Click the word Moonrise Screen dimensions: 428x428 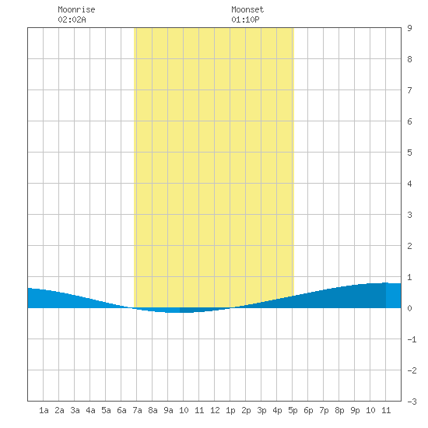click(x=76, y=9)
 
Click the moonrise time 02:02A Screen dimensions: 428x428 click(x=72, y=19)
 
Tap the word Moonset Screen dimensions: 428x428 click(x=247, y=9)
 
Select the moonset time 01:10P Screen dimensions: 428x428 click(x=245, y=19)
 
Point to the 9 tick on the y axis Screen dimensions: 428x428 click(x=409, y=28)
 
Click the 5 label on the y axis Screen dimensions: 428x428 click(x=409, y=153)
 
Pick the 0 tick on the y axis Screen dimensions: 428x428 click(x=409, y=308)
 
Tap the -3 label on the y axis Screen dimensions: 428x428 click(x=412, y=402)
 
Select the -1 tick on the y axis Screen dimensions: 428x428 click(x=412, y=339)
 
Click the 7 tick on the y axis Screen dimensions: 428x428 click(x=409, y=90)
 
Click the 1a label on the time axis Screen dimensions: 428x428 click(x=44, y=410)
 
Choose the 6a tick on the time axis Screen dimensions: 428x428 click(x=121, y=410)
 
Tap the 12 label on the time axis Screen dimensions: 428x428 click(x=215, y=410)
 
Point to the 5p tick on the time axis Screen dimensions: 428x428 click(x=293, y=410)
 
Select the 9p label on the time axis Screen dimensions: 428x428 click(x=355, y=410)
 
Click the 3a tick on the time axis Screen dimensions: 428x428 click(x=75, y=410)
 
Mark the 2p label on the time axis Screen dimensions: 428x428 click(x=246, y=410)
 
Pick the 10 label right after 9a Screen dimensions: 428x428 click(x=184, y=410)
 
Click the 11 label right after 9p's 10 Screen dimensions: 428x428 click(x=386, y=410)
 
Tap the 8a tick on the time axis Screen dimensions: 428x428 click(x=153, y=410)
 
